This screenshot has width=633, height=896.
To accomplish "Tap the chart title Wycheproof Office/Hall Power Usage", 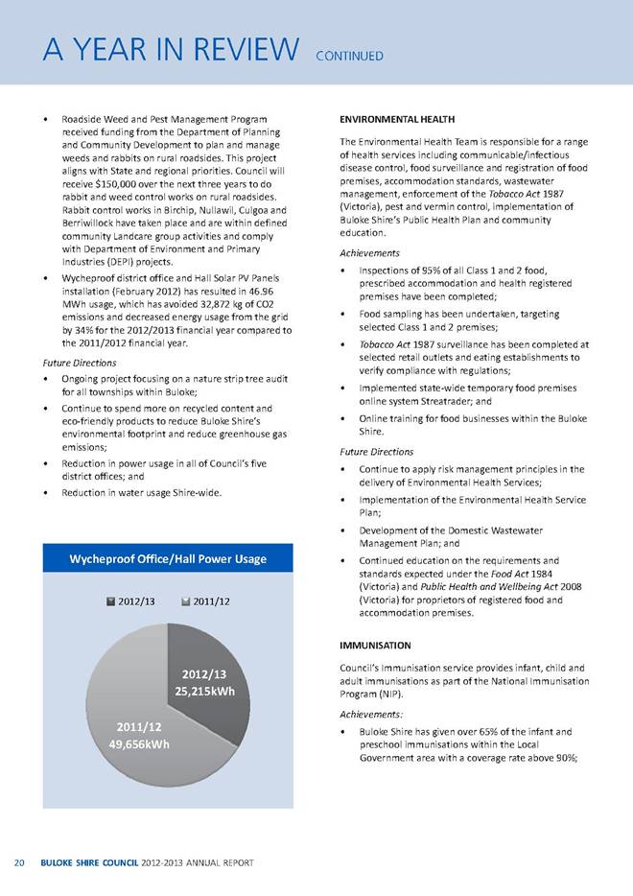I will pos(173,559).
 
